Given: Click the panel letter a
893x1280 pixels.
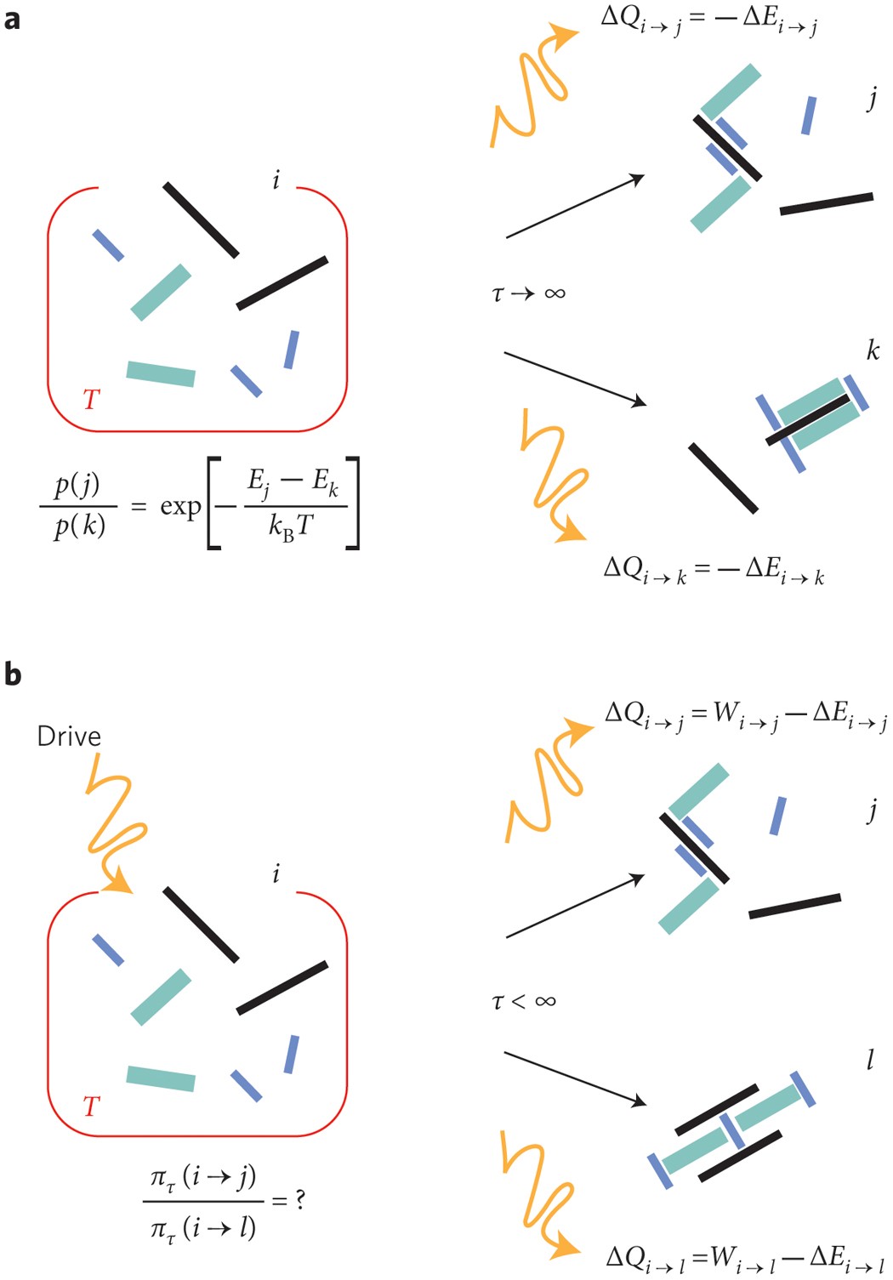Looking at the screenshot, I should point(12,19).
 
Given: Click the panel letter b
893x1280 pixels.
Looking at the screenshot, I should point(12,674).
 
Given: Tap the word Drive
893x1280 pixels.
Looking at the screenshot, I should point(69,736).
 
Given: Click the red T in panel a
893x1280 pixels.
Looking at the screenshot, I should point(91,399).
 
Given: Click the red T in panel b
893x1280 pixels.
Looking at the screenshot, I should point(91,1106).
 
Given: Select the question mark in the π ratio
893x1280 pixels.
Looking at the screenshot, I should point(299,1200).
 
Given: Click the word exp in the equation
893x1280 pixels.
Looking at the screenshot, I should point(180,507).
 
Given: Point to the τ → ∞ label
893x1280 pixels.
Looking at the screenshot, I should point(528,293).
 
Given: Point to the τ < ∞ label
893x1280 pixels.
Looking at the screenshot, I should point(524,1001).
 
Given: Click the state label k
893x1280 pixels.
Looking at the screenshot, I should point(873,350).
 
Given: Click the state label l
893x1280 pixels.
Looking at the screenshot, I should point(870,1060).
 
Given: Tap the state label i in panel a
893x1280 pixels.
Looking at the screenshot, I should point(276,179).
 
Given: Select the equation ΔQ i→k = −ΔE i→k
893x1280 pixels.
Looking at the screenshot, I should point(714,570).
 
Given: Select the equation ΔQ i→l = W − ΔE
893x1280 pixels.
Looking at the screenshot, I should point(745,1257).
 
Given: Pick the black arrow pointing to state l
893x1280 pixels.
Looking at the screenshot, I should point(575,1079).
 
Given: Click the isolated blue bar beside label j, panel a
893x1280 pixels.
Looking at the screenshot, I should point(809,116).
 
